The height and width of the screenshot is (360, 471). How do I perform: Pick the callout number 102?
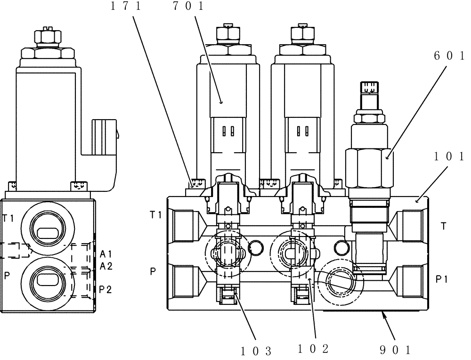tap(313, 349)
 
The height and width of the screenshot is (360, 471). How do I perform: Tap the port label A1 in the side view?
tap(106, 254)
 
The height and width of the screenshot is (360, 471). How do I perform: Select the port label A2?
tap(106, 266)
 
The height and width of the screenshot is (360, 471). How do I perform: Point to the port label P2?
tap(106, 289)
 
